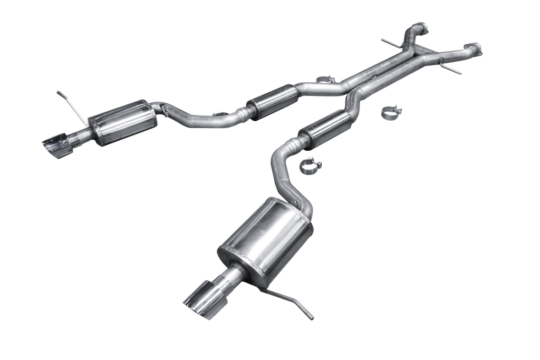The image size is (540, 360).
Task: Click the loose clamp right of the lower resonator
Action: pyautogui.click(x=391, y=112)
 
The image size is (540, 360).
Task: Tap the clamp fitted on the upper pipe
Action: pyautogui.click(x=326, y=80)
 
